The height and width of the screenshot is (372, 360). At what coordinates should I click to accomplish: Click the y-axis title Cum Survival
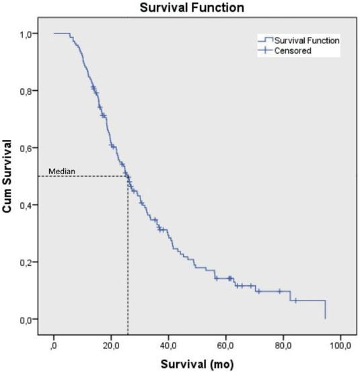click(x=9, y=176)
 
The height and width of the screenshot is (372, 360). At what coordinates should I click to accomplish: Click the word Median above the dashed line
click(x=57, y=171)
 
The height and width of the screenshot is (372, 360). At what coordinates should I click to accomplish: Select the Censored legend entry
click(x=292, y=50)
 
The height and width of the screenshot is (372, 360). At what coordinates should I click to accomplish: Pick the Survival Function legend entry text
click(x=306, y=41)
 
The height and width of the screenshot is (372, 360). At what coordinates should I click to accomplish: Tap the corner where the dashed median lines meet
click(x=128, y=176)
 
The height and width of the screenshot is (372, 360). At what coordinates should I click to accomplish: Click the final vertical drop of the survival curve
click(x=325, y=309)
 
